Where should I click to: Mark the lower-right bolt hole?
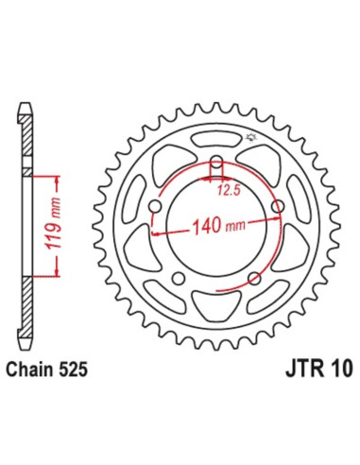(x=253, y=278)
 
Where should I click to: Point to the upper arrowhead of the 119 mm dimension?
(x=58, y=177)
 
